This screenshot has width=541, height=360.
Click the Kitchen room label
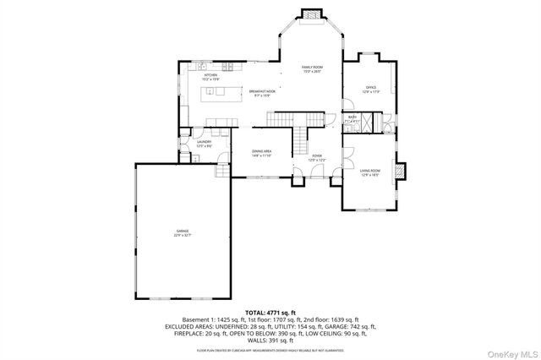(210, 76)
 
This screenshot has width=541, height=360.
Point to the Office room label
(369, 87)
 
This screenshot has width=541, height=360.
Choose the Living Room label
(369, 172)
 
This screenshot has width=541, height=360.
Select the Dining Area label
(261, 152)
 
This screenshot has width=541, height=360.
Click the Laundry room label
(204, 143)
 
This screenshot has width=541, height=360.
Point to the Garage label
(182, 231)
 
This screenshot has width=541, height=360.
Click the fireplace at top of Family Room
(312, 14)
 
